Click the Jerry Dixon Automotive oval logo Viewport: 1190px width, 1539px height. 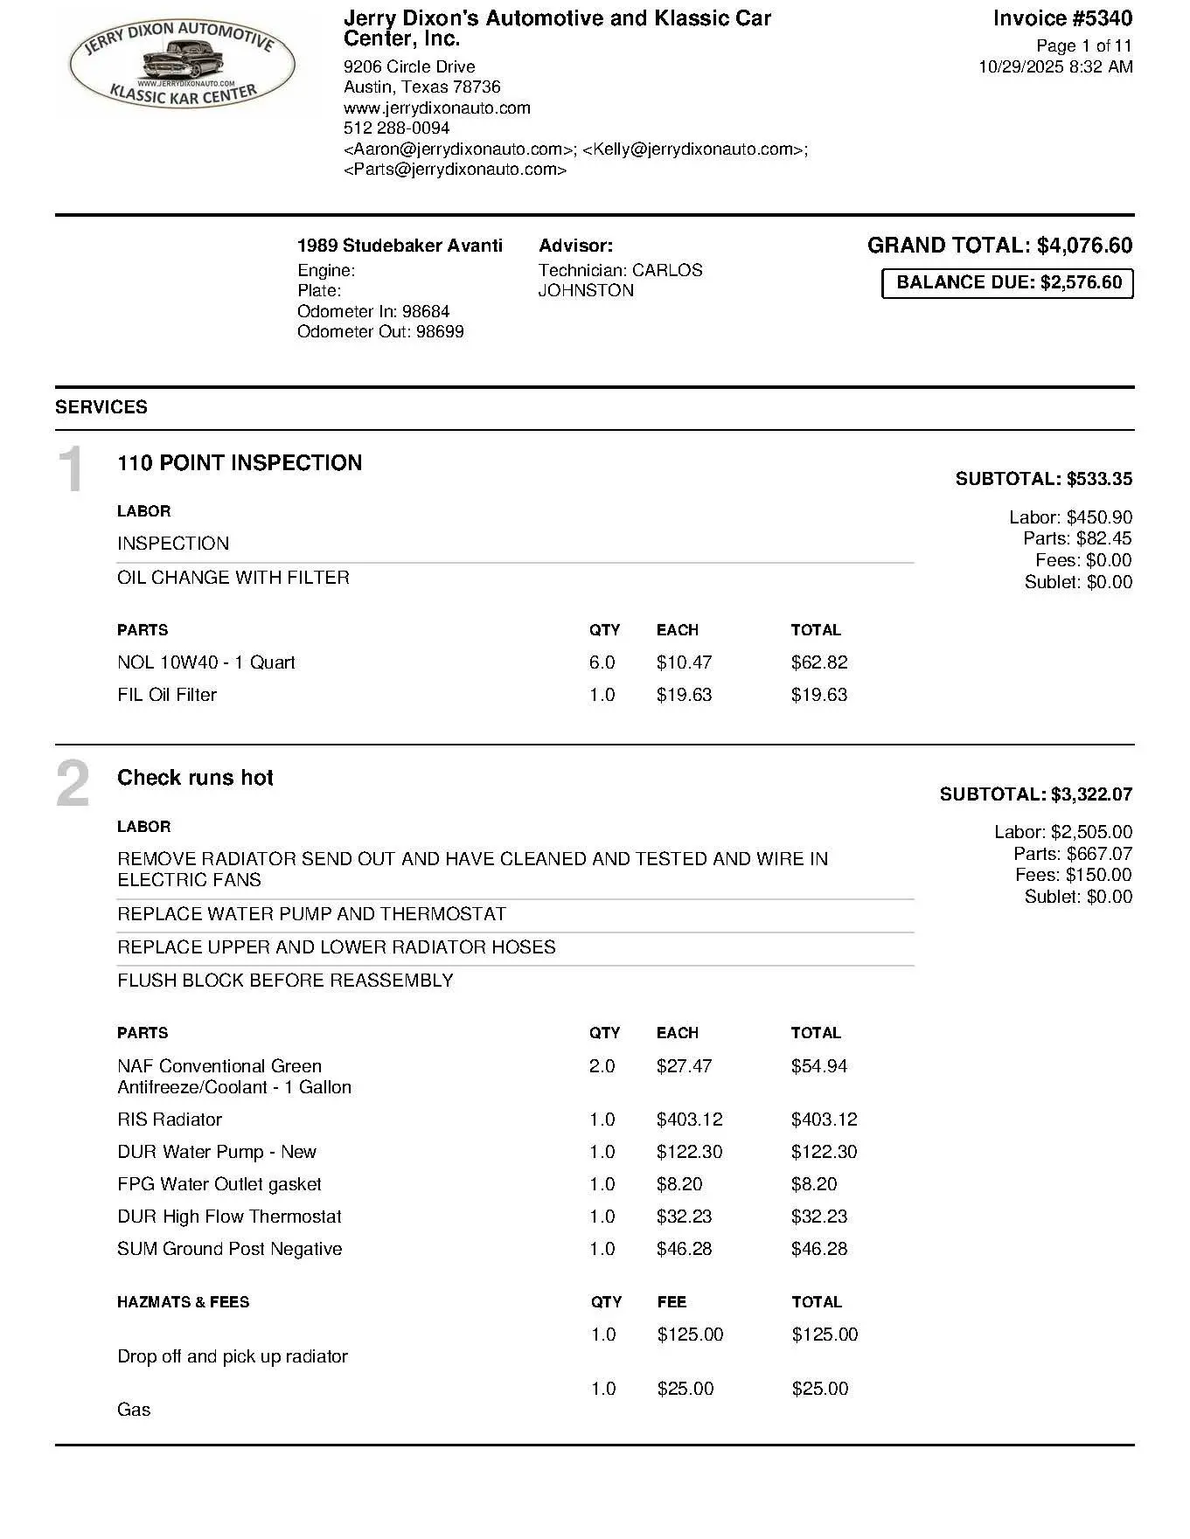point(182,64)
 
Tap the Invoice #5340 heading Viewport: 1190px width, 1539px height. point(1062,18)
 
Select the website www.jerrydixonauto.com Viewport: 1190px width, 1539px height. point(436,107)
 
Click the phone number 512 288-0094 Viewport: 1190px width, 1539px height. point(396,128)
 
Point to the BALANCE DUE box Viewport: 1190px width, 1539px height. point(1007,283)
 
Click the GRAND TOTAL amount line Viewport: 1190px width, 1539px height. point(999,246)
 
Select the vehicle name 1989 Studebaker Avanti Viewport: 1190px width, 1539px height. point(400,246)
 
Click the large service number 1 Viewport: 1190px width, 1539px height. point(71,469)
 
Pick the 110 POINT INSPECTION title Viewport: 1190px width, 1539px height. point(240,462)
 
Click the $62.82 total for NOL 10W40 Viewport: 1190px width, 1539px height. point(818,662)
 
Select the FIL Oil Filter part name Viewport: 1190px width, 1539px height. point(167,695)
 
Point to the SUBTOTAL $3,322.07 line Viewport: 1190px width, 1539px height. point(1035,794)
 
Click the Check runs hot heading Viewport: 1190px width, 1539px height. point(195,778)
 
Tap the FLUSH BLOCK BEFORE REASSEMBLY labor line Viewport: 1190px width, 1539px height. point(285,981)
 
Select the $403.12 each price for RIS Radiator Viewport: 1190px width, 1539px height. point(689,1120)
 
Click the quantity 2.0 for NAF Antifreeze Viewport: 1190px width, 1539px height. point(602,1066)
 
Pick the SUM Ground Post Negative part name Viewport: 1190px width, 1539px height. point(229,1249)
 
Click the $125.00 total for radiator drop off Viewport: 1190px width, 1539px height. point(825,1334)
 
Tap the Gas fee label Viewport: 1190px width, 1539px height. point(134,1410)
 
